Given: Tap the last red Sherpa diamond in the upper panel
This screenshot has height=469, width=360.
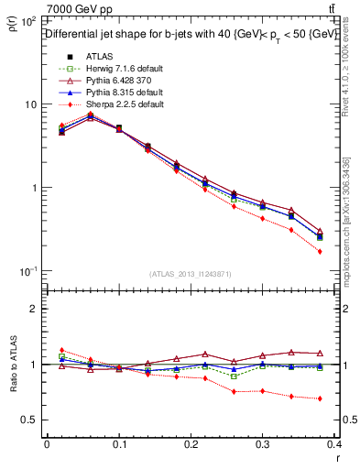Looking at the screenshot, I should pyautogui.click(x=320, y=251).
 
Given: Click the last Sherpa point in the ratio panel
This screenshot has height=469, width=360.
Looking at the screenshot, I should pyautogui.click(x=320, y=398).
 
